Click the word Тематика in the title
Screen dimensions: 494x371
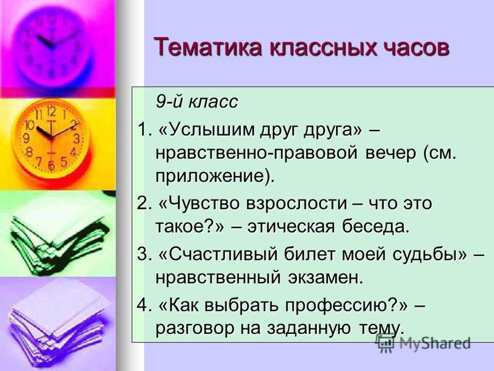[207, 48]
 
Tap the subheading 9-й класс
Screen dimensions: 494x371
[197, 102]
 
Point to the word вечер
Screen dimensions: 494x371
[390, 153]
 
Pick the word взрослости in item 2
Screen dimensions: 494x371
[296, 203]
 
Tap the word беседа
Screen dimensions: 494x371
[375, 226]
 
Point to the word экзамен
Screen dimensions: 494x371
[324, 278]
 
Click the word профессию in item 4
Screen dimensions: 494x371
[337, 305]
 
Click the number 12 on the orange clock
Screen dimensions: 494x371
[51, 112]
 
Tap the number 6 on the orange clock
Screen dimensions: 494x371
[51, 165]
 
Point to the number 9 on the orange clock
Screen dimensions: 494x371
[27, 138]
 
